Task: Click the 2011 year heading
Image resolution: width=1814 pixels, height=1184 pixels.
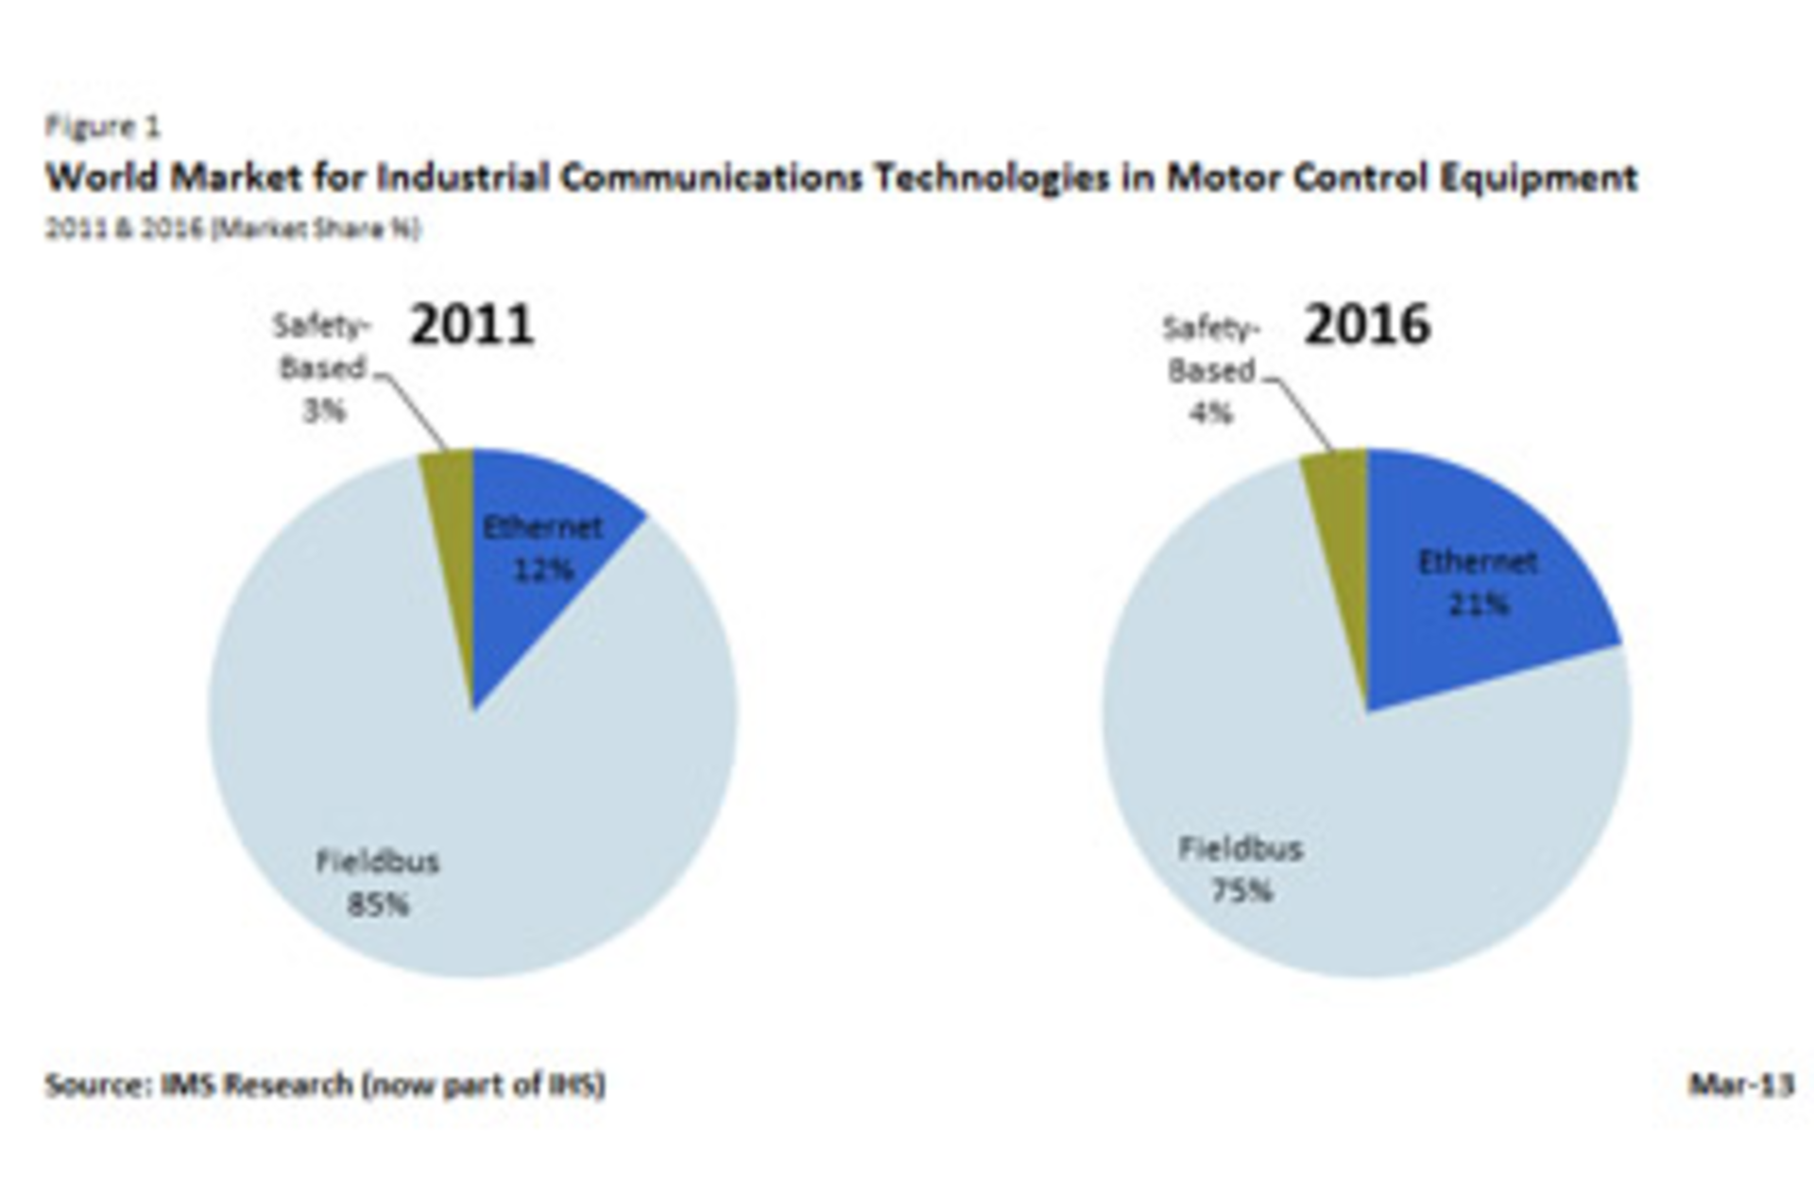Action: coord(472,325)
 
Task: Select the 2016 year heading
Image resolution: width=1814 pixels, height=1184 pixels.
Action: coord(1367,325)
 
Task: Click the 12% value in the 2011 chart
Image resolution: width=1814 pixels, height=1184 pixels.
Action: coord(543,570)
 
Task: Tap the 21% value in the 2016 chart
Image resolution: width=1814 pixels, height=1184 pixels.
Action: coord(1479,604)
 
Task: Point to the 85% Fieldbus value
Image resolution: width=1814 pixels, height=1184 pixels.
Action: coord(378,904)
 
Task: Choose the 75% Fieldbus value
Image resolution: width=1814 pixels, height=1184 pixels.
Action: coord(1241,890)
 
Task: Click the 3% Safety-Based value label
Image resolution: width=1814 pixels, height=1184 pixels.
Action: coord(324,411)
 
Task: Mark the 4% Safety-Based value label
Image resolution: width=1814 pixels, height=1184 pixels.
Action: coord(1211,413)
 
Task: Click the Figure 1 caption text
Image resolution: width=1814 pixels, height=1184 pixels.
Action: coord(103,126)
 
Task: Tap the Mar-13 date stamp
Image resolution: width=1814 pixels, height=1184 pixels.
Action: coord(1740,1084)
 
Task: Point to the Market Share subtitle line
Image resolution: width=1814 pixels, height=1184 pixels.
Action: coord(232,229)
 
